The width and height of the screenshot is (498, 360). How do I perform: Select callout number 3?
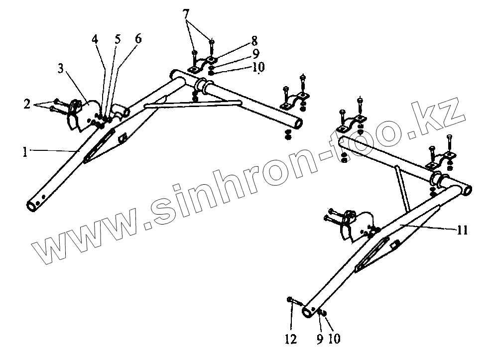tap(60, 69)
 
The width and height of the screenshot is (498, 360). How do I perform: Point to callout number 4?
tap(95, 39)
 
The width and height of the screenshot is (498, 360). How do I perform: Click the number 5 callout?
tap(118, 39)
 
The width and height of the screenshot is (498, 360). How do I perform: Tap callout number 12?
tap(291, 340)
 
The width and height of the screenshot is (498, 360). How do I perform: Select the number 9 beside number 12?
tap(319, 340)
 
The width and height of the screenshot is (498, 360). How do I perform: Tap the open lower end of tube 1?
tap(33, 205)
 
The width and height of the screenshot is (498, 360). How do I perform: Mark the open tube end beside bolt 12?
tap(309, 310)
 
